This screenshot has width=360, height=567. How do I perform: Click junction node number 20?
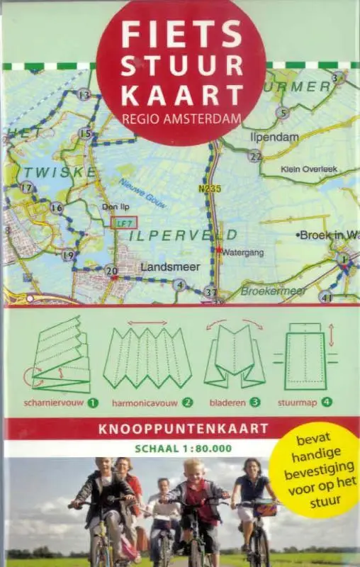pos(111,270)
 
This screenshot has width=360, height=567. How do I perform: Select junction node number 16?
pos(57,208)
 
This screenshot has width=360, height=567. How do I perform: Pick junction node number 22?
pos(255,157)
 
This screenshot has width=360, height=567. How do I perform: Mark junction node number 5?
pos(283,112)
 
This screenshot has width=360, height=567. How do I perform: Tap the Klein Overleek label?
pos(308,169)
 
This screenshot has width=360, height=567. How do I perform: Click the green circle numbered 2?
pos(188,403)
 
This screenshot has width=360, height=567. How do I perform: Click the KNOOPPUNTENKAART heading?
pos(181,428)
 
